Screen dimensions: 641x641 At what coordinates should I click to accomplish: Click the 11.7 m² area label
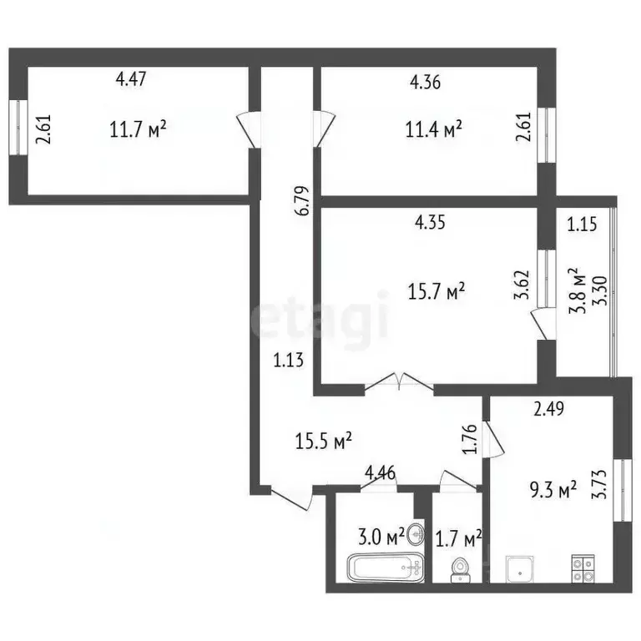(x=138, y=129)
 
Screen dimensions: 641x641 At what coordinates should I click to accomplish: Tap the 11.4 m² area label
(x=434, y=129)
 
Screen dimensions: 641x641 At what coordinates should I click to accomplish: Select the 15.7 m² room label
(x=436, y=291)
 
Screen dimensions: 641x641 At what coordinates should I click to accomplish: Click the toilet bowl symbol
(x=459, y=568)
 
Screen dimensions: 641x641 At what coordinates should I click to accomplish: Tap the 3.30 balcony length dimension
(x=596, y=289)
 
